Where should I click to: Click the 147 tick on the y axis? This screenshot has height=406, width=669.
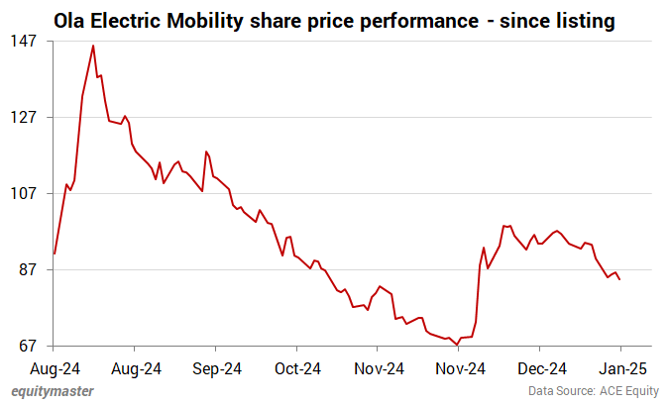click(24, 41)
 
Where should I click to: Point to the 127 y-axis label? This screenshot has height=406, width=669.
click(24, 117)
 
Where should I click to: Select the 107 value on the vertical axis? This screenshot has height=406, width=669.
click(24, 193)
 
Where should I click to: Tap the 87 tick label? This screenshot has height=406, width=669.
click(28, 269)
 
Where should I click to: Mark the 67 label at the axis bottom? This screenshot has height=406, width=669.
click(28, 346)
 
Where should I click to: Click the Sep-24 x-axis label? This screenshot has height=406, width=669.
click(216, 368)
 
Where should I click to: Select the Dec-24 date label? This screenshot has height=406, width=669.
click(539, 368)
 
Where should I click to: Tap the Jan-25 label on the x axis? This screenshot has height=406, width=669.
click(620, 368)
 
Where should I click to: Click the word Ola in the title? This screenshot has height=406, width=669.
click(69, 18)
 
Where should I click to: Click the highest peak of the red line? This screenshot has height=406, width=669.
click(93, 46)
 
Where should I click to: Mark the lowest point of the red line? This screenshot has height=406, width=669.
click(458, 344)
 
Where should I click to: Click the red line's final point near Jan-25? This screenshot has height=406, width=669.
click(620, 279)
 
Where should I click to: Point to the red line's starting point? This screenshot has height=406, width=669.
click(54, 254)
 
